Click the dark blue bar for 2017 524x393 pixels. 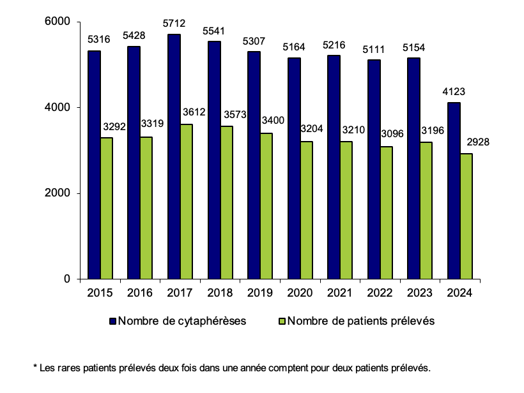click(174, 156)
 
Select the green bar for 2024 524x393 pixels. click(466, 216)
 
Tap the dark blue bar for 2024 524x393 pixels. click(454, 190)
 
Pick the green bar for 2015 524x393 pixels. click(107, 208)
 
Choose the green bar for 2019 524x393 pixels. click(266, 205)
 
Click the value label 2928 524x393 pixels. click(478, 142)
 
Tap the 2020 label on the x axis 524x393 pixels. click(300, 293)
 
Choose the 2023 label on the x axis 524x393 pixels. click(420, 293)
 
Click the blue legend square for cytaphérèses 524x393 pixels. click(112, 322)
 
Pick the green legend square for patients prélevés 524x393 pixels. click(282, 322)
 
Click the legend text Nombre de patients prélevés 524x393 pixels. click(361, 322)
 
